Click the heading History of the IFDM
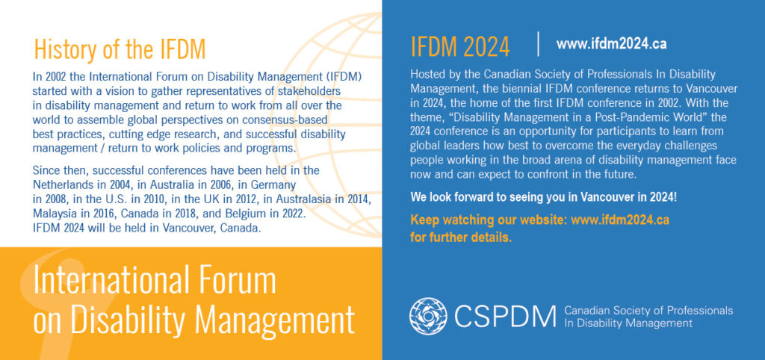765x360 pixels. tap(120, 49)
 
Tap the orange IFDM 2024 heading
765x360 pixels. tap(460, 47)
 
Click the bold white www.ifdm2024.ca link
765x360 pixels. tap(611, 44)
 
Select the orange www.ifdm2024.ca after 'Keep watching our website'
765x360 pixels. tap(619, 220)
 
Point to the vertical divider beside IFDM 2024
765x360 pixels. tap(538, 44)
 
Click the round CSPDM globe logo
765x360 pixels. tap(428, 316)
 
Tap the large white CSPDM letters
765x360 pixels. tap(506, 317)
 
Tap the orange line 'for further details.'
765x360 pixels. tap(461, 238)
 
